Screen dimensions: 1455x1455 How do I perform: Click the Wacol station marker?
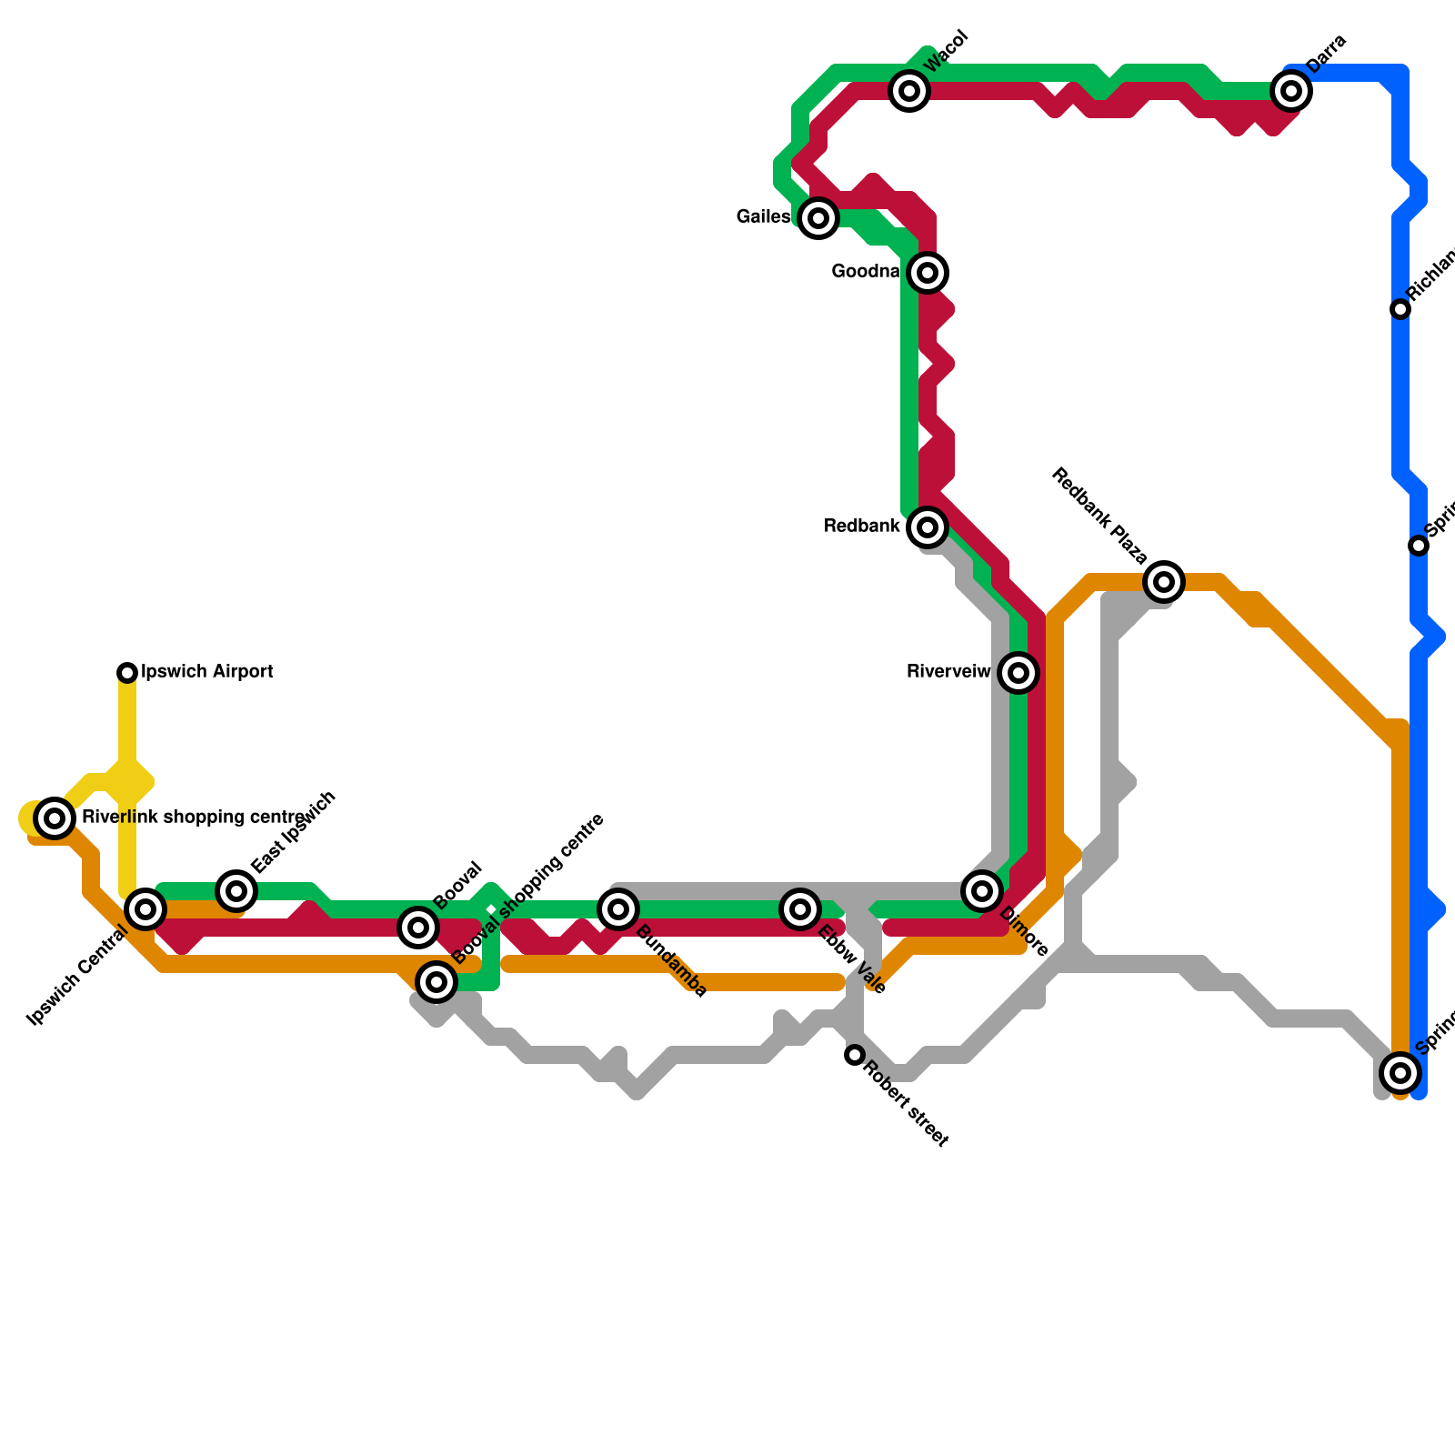(909, 91)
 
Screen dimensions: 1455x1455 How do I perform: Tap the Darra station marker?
(1291, 91)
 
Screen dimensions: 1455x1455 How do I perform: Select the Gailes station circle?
(818, 218)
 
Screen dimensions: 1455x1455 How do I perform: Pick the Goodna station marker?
(928, 272)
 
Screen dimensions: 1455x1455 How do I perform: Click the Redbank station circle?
(928, 527)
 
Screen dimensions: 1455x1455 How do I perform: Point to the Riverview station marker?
(1018, 673)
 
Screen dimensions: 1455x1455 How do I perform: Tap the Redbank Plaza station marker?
(1164, 582)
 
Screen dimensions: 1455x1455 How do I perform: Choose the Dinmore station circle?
(982, 890)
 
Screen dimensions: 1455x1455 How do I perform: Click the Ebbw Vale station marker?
(800, 908)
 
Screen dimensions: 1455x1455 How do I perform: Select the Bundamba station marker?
(618, 908)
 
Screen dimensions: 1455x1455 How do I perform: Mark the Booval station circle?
(418, 927)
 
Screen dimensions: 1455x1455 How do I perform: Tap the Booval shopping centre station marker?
(437, 981)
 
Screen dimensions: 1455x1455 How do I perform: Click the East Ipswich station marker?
(236, 890)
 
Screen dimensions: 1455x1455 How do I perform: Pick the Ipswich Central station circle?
(145, 908)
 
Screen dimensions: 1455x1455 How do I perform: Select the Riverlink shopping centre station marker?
(55, 818)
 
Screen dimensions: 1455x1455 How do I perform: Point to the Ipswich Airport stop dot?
(127, 673)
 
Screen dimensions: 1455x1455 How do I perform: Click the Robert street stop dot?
(855, 1055)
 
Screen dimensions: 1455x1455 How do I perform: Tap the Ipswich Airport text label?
(208, 672)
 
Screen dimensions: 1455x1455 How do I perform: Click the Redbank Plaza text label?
(1099, 517)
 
